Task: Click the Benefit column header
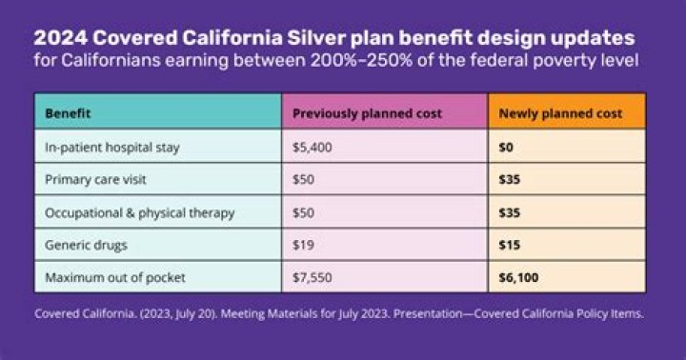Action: [x=67, y=113]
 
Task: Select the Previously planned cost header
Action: [x=367, y=113]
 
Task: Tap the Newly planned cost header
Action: [x=560, y=113]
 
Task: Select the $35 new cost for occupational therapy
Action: [x=510, y=211]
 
